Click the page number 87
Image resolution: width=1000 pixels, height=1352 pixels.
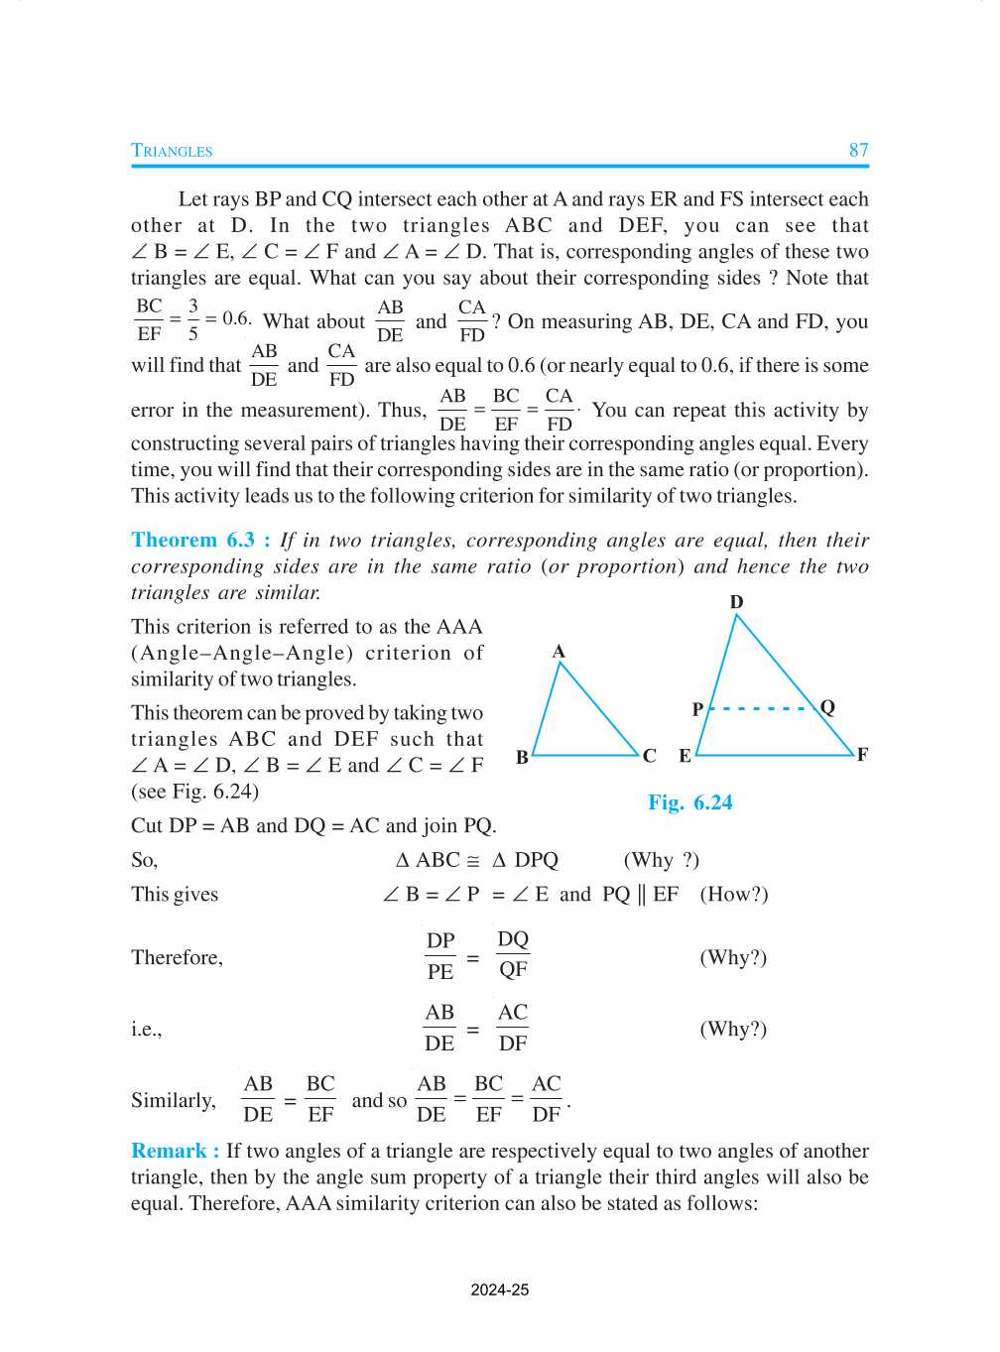click(x=858, y=150)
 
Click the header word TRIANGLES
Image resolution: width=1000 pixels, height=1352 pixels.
click(x=172, y=151)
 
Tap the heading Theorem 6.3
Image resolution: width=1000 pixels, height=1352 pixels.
click(x=199, y=540)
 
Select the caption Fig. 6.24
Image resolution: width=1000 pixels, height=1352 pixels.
click(x=689, y=802)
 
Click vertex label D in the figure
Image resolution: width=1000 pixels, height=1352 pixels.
click(x=736, y=602)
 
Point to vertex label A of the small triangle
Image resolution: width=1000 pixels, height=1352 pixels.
click(x=559, y=652)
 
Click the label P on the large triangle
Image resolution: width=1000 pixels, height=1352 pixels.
click(x=697, y=709)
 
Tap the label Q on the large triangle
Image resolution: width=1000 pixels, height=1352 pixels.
click(x=827, y=707)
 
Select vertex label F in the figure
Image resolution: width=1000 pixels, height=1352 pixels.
click(x=862, y=755)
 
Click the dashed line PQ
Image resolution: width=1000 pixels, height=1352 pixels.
click(x=762, y=708)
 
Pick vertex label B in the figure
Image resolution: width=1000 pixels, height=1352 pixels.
click(x=522, y=758)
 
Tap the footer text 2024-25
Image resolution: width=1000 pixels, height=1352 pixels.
click(x=499, y=1290)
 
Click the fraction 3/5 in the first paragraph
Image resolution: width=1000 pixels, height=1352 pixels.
click(x=192, y=319)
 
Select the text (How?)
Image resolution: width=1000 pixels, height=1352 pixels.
click(x=734, y=894)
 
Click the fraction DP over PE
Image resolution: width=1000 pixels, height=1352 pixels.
click(x=440, y=956)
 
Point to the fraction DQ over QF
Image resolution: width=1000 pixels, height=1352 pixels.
click(x=513, y=954)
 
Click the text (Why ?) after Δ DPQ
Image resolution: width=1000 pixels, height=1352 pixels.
click(x=661, y=860)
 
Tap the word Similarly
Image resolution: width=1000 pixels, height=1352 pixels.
click(x=174, y=1100)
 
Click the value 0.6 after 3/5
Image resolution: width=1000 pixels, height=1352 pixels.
click(x=236, y=318)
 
